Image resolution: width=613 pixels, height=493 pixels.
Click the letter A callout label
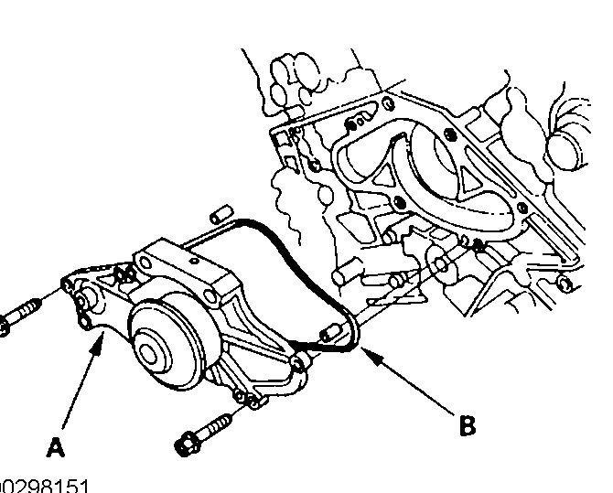pos(56,448)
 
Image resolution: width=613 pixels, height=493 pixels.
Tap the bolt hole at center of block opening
pos(399,202)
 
